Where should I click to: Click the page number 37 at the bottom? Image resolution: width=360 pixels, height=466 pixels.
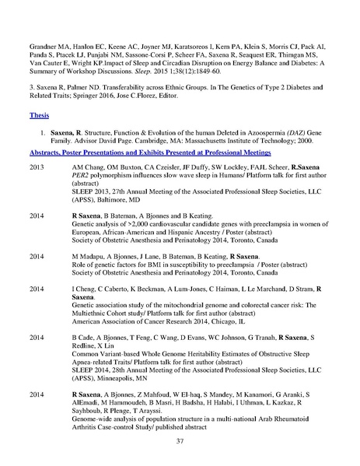[x=180, y=443]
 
